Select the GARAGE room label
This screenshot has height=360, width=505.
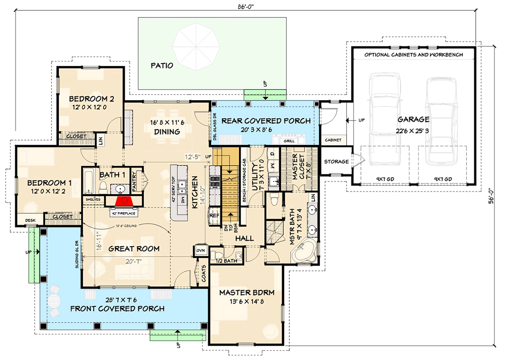414,119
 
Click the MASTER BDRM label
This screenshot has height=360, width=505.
247,292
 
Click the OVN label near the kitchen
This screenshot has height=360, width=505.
200,251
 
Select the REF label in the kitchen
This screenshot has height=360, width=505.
214,215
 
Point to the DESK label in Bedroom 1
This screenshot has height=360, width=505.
30,221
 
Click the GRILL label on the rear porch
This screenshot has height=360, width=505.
289,141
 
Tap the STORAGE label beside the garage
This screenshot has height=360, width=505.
336,162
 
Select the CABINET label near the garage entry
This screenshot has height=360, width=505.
332,140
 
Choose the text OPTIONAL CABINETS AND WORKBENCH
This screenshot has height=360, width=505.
413,55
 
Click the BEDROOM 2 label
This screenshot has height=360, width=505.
91,99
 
